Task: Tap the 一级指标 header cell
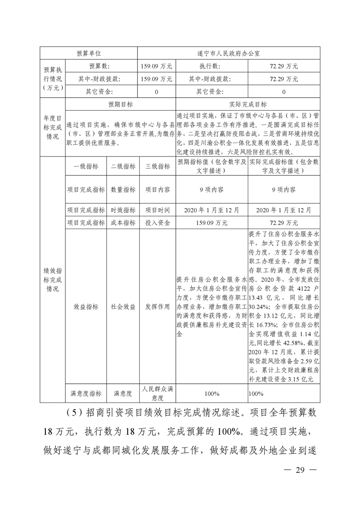point(86,166)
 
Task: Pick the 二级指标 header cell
point(123,166)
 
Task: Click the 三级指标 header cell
point(157,166)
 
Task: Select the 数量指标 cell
point(123,190)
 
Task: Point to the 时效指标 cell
point(123,210)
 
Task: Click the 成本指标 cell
point(123,223)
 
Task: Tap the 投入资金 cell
point(157,223)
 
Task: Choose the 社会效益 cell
point(123,307)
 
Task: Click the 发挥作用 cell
point(157,307)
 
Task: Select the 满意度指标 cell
point(86,393)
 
